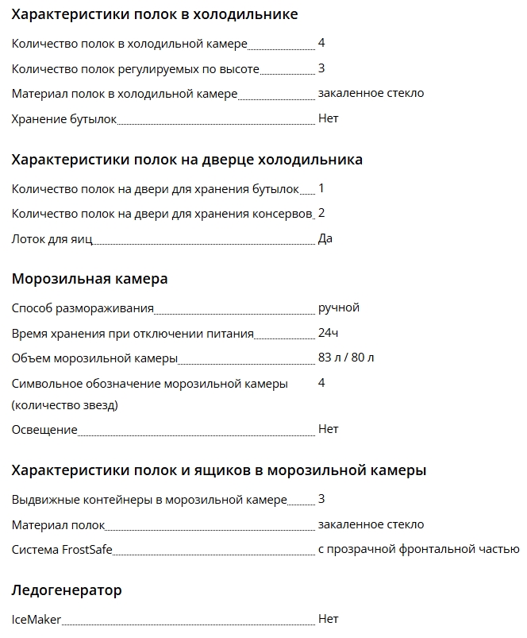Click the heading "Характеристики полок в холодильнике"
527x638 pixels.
(x=155, y=14)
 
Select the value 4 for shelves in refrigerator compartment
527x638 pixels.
(x=321, y=43)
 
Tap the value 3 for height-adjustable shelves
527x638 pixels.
(x=321, y=68)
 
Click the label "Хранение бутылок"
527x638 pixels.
(x=64, y=118)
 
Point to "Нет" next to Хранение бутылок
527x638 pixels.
(x=328, y=118)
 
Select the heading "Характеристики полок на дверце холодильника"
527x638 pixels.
(x=187, y=159)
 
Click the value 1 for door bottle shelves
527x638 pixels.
(x=321, y=188)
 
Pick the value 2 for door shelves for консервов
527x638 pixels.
(x=321, y=213)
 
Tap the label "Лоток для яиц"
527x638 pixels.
(x=52, y=238)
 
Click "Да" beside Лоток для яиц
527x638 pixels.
(x=325, y=238)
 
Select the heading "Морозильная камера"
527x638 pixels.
(x=90, y=279)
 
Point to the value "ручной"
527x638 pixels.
(x=338, y=307)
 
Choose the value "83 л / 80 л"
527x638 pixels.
(x=346, y=358)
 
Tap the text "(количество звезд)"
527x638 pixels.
(x=65, y=405)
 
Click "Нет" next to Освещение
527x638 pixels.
(x=328, y=429)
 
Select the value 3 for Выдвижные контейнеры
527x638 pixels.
(x=321, y=499)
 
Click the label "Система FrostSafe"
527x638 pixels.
(x=63, y=549)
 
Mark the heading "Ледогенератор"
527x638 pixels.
(x=67, y=590)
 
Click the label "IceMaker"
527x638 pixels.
(x=37, y=618)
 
